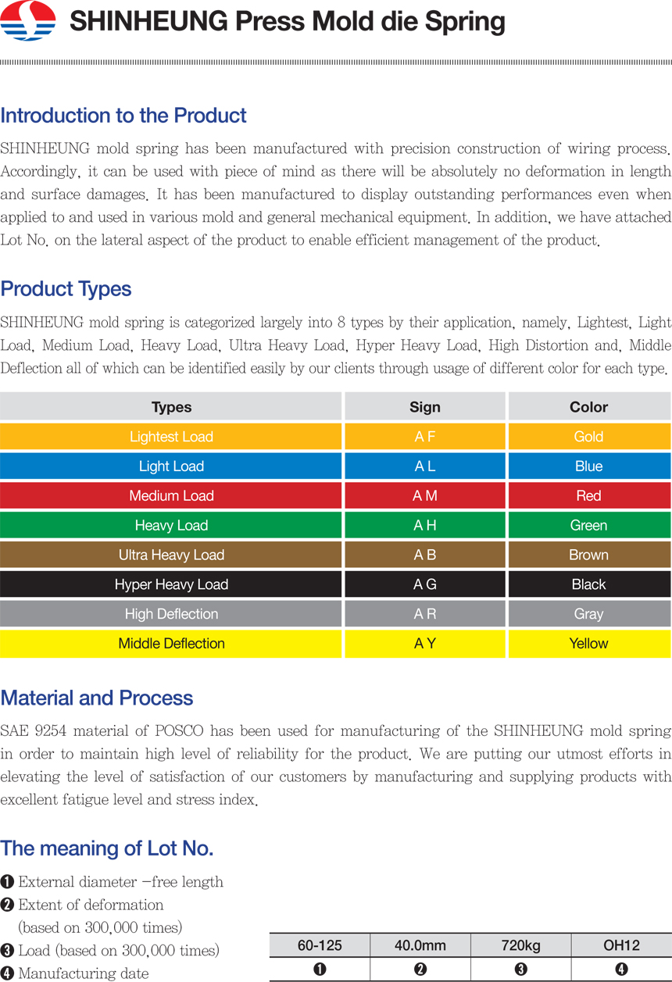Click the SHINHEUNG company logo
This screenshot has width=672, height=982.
click(28, 21)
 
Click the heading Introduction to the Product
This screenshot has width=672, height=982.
click(123, 116)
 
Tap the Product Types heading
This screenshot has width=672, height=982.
click(66, 289)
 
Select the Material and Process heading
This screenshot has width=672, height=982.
click(97, 698)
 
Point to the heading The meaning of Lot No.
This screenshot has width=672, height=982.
click(107, 848)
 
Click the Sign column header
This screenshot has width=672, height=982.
click(425, 407)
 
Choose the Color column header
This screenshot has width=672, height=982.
click(588, 407)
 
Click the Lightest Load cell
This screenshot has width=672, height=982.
click(171, 437)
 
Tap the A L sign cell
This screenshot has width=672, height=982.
click(425, 466)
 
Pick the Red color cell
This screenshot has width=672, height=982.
click(588, 496)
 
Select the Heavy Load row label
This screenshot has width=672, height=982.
click(171, 526)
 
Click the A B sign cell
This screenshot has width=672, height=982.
click(425, 555)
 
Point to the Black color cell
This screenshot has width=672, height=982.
click(588, 584)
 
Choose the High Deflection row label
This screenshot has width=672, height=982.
click(171, 614)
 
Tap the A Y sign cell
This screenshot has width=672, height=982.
click(425, 644)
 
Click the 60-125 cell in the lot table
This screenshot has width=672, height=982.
click(320, 945)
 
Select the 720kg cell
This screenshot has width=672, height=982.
click(520, 945)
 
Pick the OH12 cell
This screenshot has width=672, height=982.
click(621, 945)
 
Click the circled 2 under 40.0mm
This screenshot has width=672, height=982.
click(420, 970)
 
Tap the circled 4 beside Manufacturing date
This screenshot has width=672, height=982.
click(8, 973)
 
